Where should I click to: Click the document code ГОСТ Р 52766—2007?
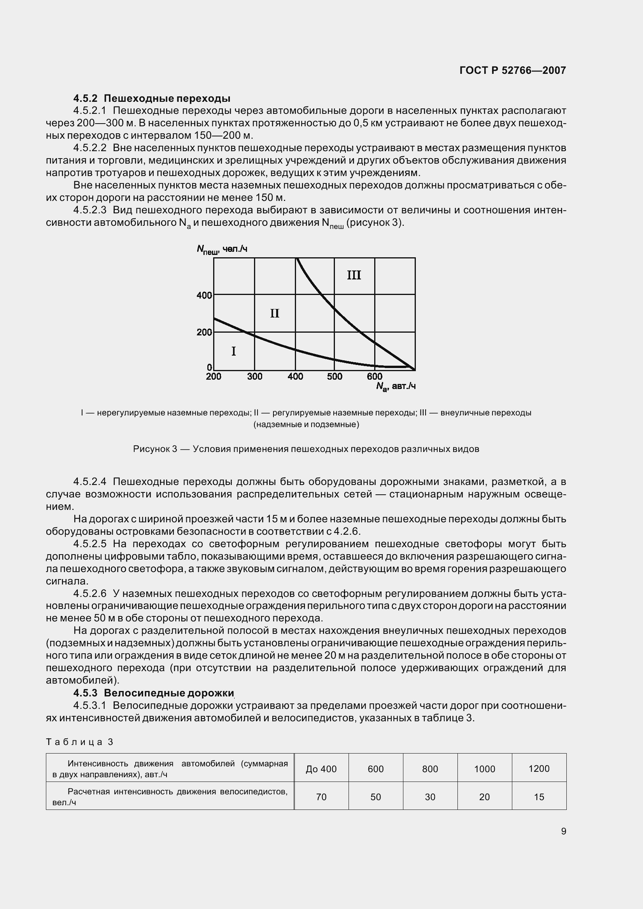pos(512,70)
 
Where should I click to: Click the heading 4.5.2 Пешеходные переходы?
pos(152,98)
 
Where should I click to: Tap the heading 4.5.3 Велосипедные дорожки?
pos(154,693)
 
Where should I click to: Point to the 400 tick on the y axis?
pos(205,295)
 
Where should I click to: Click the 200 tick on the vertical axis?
pos(205,332)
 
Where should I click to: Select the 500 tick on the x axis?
pos(335,377)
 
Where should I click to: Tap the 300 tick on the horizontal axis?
pos(255,377)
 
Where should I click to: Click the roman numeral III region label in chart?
pos(354,275)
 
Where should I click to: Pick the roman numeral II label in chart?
pos(275,314)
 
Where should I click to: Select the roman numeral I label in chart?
pos(233,351)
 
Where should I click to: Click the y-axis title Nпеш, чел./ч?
pos(222,249)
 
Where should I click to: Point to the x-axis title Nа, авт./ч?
pos(395,386)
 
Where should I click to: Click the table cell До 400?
pos(321,769)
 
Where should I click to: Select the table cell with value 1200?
pos(539,768)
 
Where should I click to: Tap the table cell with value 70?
pos(321,797)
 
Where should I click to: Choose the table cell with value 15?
pos(539,797)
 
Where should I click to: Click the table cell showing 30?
pos(430,797)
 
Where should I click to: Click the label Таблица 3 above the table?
pos(80,742)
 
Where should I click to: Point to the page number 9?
pos(563,831)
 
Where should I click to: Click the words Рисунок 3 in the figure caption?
pos(154,449)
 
